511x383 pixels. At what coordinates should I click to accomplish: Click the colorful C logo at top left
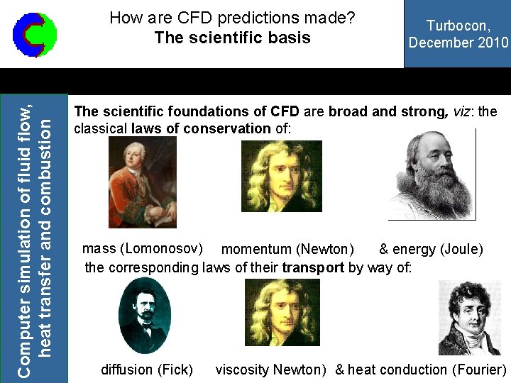click(35, 35)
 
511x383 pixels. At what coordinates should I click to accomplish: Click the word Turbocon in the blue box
click(458, 26)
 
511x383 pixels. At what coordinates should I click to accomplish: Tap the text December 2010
click(458, 42)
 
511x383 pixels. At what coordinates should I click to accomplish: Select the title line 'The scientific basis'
click(232, 38)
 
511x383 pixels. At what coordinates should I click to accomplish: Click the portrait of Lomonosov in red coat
click(142, 182)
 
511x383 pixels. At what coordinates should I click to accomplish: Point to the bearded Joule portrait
click(432, 174)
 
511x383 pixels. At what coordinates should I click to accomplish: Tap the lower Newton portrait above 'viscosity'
click(282, 312)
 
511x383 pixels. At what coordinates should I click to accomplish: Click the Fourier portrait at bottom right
click(469, 317)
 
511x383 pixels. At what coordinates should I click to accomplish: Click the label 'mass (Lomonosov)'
click(143, 249)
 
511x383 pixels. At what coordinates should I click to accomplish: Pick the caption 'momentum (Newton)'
click(287, 250)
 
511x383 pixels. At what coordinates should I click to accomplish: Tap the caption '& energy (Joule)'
click(431, 249)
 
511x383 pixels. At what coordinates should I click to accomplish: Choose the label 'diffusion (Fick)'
click(147, 370)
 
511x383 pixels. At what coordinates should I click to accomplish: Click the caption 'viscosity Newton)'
click(271, 370)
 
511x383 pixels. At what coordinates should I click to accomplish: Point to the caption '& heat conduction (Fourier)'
click(421, 370)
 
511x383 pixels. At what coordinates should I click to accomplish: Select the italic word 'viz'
click(462, 112)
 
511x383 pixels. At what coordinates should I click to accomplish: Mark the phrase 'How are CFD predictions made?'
click(232, 18)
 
